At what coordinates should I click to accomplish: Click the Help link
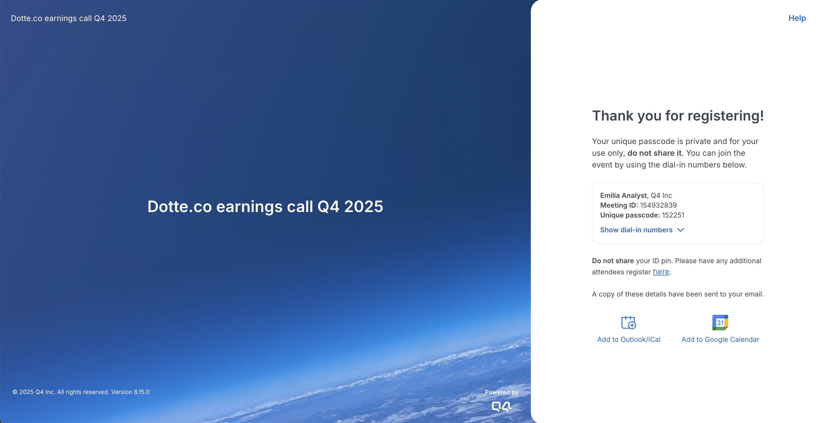click(x=797, y=18)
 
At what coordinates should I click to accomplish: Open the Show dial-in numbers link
click(x=636, y=230)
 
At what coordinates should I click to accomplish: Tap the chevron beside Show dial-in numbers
click(x=681, y=230)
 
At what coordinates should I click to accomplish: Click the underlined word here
click(x=661, y=272)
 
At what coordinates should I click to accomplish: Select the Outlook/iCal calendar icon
click(x=629, y=322)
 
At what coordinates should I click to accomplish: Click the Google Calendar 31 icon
click(x=720, y=322)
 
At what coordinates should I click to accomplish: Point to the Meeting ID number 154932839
click(x=658, y=205)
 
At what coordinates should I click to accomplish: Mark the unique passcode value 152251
click(x=673, y=215)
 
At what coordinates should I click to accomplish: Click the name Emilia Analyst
click(x=623, y=195)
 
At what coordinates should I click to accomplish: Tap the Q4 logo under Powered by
click(x=501, y=407)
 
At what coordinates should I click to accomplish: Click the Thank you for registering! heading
click(x=678, y=116)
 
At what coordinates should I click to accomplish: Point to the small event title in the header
click(x=69, y=18)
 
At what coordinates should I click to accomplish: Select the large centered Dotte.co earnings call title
click(x=265, y=207)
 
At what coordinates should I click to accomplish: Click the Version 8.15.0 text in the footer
click(x=130, y=392)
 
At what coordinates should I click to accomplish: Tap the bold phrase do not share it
click(x=654, y=153)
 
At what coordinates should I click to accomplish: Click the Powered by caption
click(x=501, y=392)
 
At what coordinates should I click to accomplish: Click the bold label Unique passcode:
click(x=630, y=215)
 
